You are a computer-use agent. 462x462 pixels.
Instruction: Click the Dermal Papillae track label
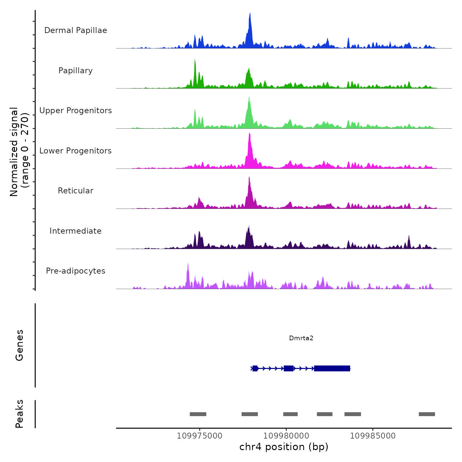(76, 30)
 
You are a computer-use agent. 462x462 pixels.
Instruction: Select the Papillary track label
(76, 71)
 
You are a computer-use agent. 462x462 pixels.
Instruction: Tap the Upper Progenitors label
(76, 111)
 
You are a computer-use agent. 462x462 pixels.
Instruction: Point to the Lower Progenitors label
(76, 151)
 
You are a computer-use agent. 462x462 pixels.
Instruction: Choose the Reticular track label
(76, 191)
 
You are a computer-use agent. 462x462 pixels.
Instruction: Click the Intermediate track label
(76, 231)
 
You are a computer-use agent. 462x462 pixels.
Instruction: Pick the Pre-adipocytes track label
(76, 271)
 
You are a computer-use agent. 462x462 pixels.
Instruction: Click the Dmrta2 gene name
(301, 338)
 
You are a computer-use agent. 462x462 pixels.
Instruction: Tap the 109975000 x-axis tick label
(199, 436)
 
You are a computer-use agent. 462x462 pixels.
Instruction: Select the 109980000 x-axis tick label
(286, 436)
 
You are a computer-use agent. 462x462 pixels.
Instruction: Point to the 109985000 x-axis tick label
(373, 436)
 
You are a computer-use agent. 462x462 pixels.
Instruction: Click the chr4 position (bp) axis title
(284, 447)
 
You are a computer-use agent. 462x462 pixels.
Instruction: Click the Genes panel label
(19, 345)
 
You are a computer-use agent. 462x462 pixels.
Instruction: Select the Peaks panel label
(19, 414)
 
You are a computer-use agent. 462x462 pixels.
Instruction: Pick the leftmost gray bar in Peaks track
(198, 414)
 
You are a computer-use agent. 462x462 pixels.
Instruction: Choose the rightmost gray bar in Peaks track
(427, 414)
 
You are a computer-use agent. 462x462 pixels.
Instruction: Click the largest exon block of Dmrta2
(332, 368)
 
